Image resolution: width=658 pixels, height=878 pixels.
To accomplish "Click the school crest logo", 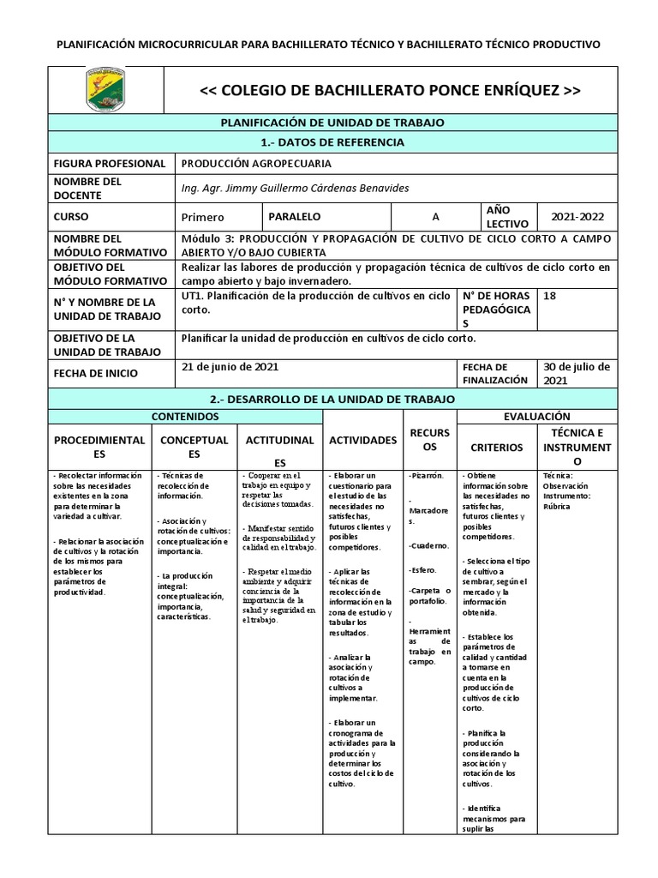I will pos(111,91).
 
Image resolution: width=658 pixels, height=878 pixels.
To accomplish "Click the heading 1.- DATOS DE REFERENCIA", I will pos(332,142).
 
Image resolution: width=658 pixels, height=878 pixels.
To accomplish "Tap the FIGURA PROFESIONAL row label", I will pos(109,164).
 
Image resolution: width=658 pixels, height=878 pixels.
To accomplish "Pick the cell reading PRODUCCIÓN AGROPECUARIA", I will pos(256,164).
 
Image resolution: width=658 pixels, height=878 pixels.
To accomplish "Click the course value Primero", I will pos(203,218).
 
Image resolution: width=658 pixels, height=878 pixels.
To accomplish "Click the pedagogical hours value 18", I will pos(550,296).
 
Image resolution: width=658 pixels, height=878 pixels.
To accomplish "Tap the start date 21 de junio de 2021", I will pos(230,366).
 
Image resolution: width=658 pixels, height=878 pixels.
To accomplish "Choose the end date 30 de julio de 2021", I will pos(577,373).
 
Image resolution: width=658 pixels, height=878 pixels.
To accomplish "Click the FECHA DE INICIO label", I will pos(95,373).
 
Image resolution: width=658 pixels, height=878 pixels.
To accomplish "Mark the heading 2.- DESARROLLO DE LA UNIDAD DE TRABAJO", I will pos(332,400).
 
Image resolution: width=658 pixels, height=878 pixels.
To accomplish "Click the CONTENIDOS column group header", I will pos(185,416).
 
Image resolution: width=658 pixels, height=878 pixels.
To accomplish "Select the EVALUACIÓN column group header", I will pos(536,416).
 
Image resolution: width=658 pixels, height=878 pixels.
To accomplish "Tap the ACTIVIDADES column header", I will pos(362,440).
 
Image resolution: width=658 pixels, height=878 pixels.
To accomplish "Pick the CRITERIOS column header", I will pos(497,447).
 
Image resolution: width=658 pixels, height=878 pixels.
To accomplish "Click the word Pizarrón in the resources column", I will pos(426,474).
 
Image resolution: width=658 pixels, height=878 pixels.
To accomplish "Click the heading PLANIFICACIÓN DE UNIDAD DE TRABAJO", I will pos(332,123).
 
